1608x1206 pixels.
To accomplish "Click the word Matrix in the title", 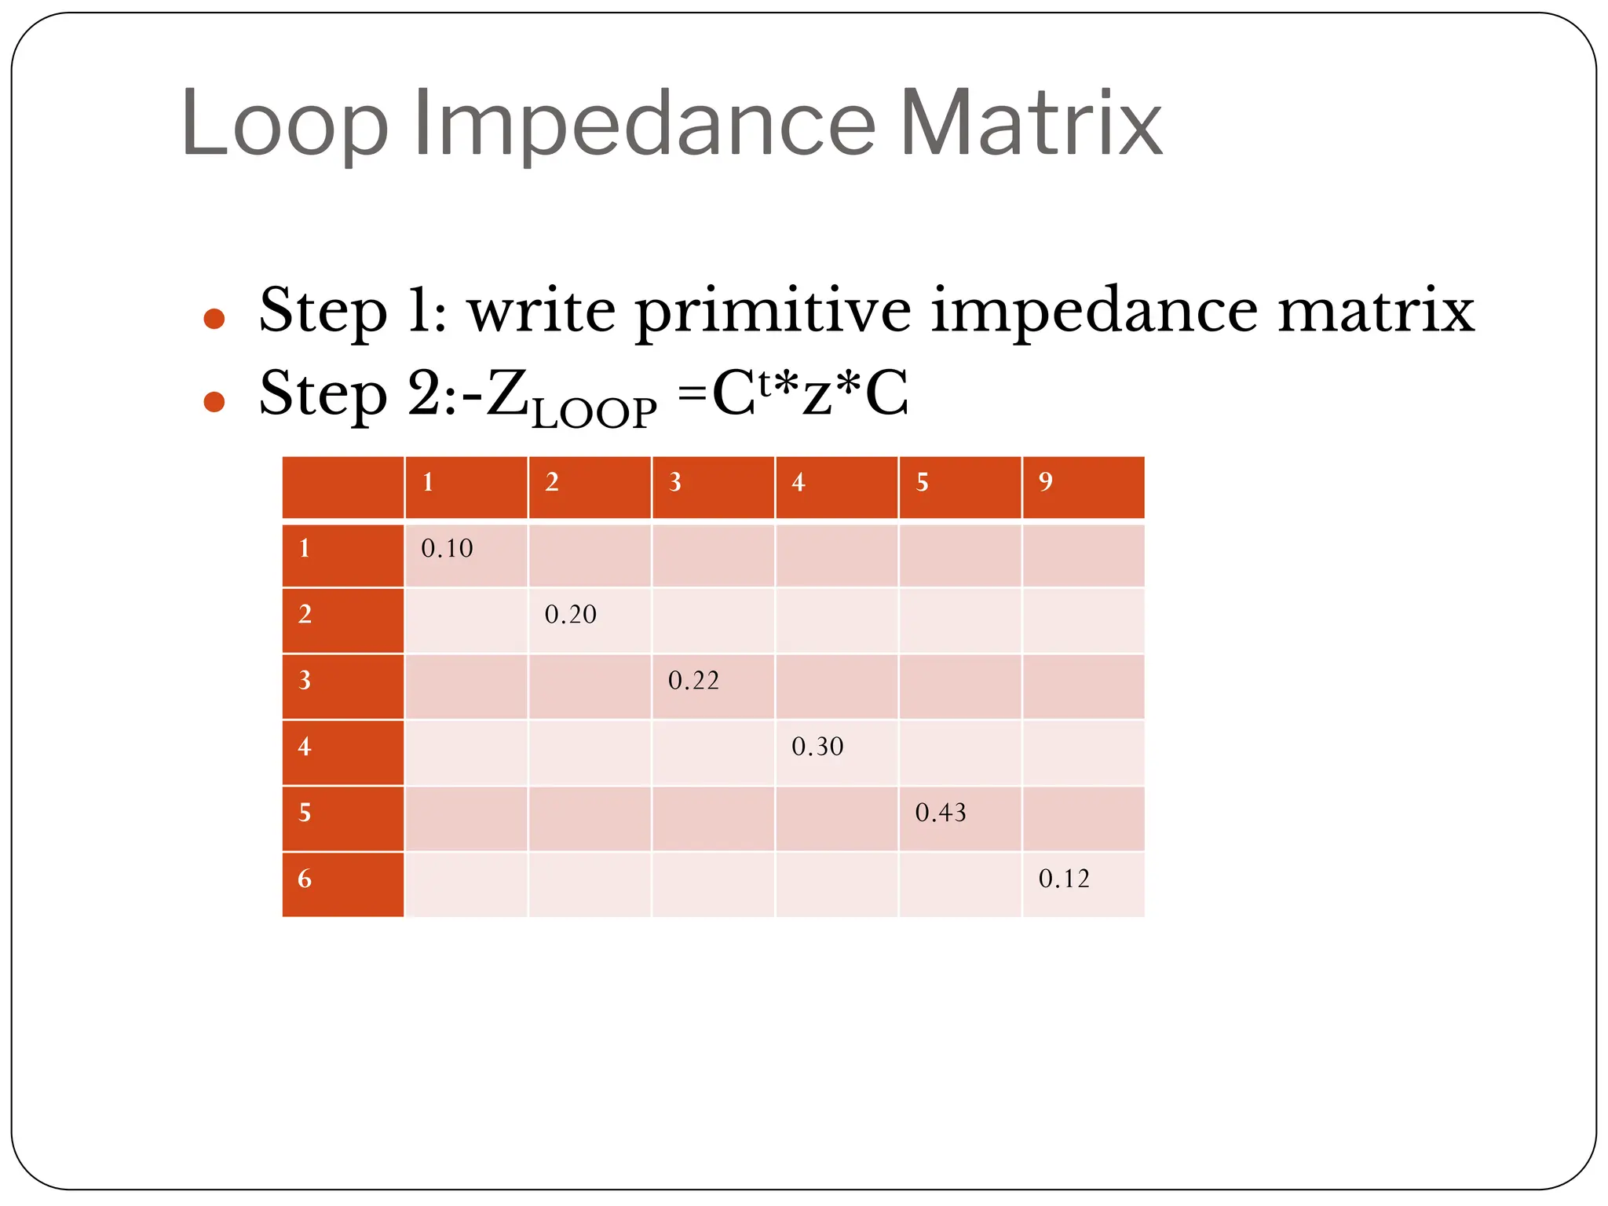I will [1030, 124].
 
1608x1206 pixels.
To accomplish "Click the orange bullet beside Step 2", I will [214, 402].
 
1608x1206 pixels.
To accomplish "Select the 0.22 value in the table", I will [693, 680].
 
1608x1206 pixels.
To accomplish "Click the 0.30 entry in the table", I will [817, 746].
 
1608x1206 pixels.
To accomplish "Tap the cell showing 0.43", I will [941, 812].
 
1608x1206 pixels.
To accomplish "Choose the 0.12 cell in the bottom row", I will [1064, 879].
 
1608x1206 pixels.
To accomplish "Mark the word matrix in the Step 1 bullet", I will [1376, 311].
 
